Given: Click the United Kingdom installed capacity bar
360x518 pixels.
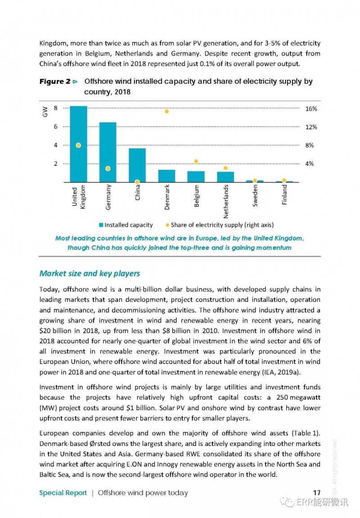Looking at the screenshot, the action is click(x=79, y=144).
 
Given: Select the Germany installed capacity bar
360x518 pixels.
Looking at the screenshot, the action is click(x=108, y=152).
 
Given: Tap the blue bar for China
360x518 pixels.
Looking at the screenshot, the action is click(x=137, y=165).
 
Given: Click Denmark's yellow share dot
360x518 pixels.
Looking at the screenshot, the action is click(x=166, y=111).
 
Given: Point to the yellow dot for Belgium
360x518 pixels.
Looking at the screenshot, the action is click(x=196, y=162).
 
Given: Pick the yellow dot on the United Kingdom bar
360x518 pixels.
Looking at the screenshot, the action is click(x=79, y=145).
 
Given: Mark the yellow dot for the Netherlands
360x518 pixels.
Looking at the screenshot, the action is click(x=225, y=168).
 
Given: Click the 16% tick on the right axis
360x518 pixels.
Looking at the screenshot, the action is click(x=311, y=109).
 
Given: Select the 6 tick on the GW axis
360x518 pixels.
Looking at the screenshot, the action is click(x=56, y=127).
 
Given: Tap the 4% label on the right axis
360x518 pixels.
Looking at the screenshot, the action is click(x=309, y=164).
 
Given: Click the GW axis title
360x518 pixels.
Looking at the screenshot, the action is click(x=45, y=112).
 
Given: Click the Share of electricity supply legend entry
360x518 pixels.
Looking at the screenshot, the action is click(x=220, y=225).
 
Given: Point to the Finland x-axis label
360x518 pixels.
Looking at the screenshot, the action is click(x=284, y=195).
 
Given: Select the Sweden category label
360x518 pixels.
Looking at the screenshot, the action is click(x=255, y=195).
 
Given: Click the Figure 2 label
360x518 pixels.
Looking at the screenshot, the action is click(x=55, y=81).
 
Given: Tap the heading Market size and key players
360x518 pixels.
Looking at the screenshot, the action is click(x=90, y=273).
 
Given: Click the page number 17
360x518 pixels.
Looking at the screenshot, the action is click(x=317, y=493).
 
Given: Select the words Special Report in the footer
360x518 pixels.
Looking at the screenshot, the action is click(x=63, y=493).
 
